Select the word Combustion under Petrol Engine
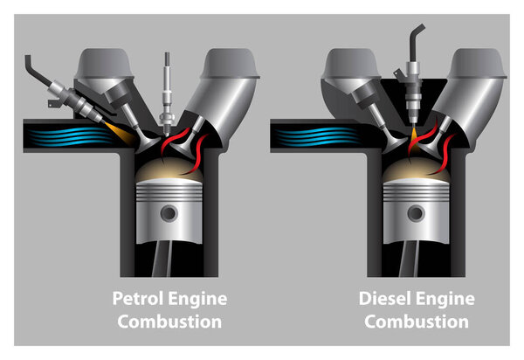pos(169,322)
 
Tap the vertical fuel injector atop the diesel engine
pos(412,83)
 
